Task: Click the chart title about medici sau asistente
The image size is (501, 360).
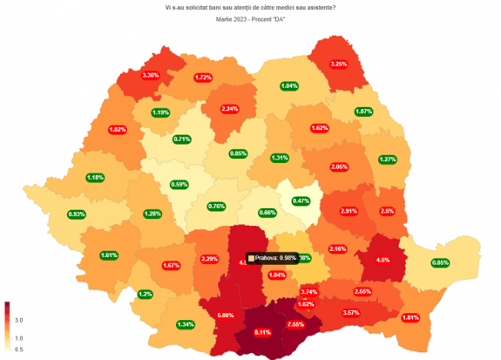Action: point(250,8)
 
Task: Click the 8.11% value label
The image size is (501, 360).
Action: point(263,332)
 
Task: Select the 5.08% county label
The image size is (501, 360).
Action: point(226,315)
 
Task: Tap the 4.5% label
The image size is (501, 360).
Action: point(383,258)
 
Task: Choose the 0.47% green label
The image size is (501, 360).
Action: point(301,201)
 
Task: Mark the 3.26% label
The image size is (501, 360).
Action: point(339,64)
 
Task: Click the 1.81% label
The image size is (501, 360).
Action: point(410,317)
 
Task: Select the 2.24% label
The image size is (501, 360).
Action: point(230,109)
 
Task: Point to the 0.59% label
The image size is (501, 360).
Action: point(180,184)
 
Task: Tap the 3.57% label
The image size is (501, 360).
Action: point(351,312)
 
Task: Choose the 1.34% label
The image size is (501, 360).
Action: point(185,324)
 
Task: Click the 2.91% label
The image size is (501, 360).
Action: point(349,211)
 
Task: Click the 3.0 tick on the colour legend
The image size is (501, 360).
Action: point(19,320)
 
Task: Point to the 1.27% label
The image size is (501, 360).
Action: point(389,160)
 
